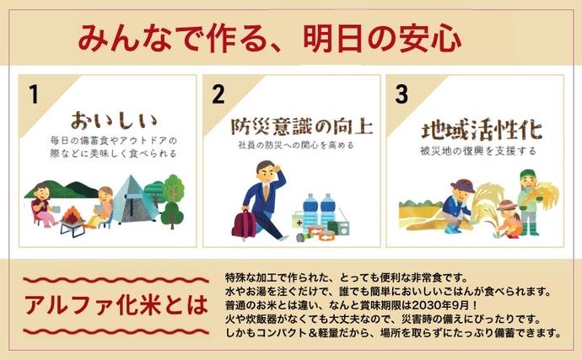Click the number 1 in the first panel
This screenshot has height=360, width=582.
[x=34, y=94]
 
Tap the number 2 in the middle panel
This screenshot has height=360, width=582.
[x=218, y=94]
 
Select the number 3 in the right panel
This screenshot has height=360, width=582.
[x=401, y=94]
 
